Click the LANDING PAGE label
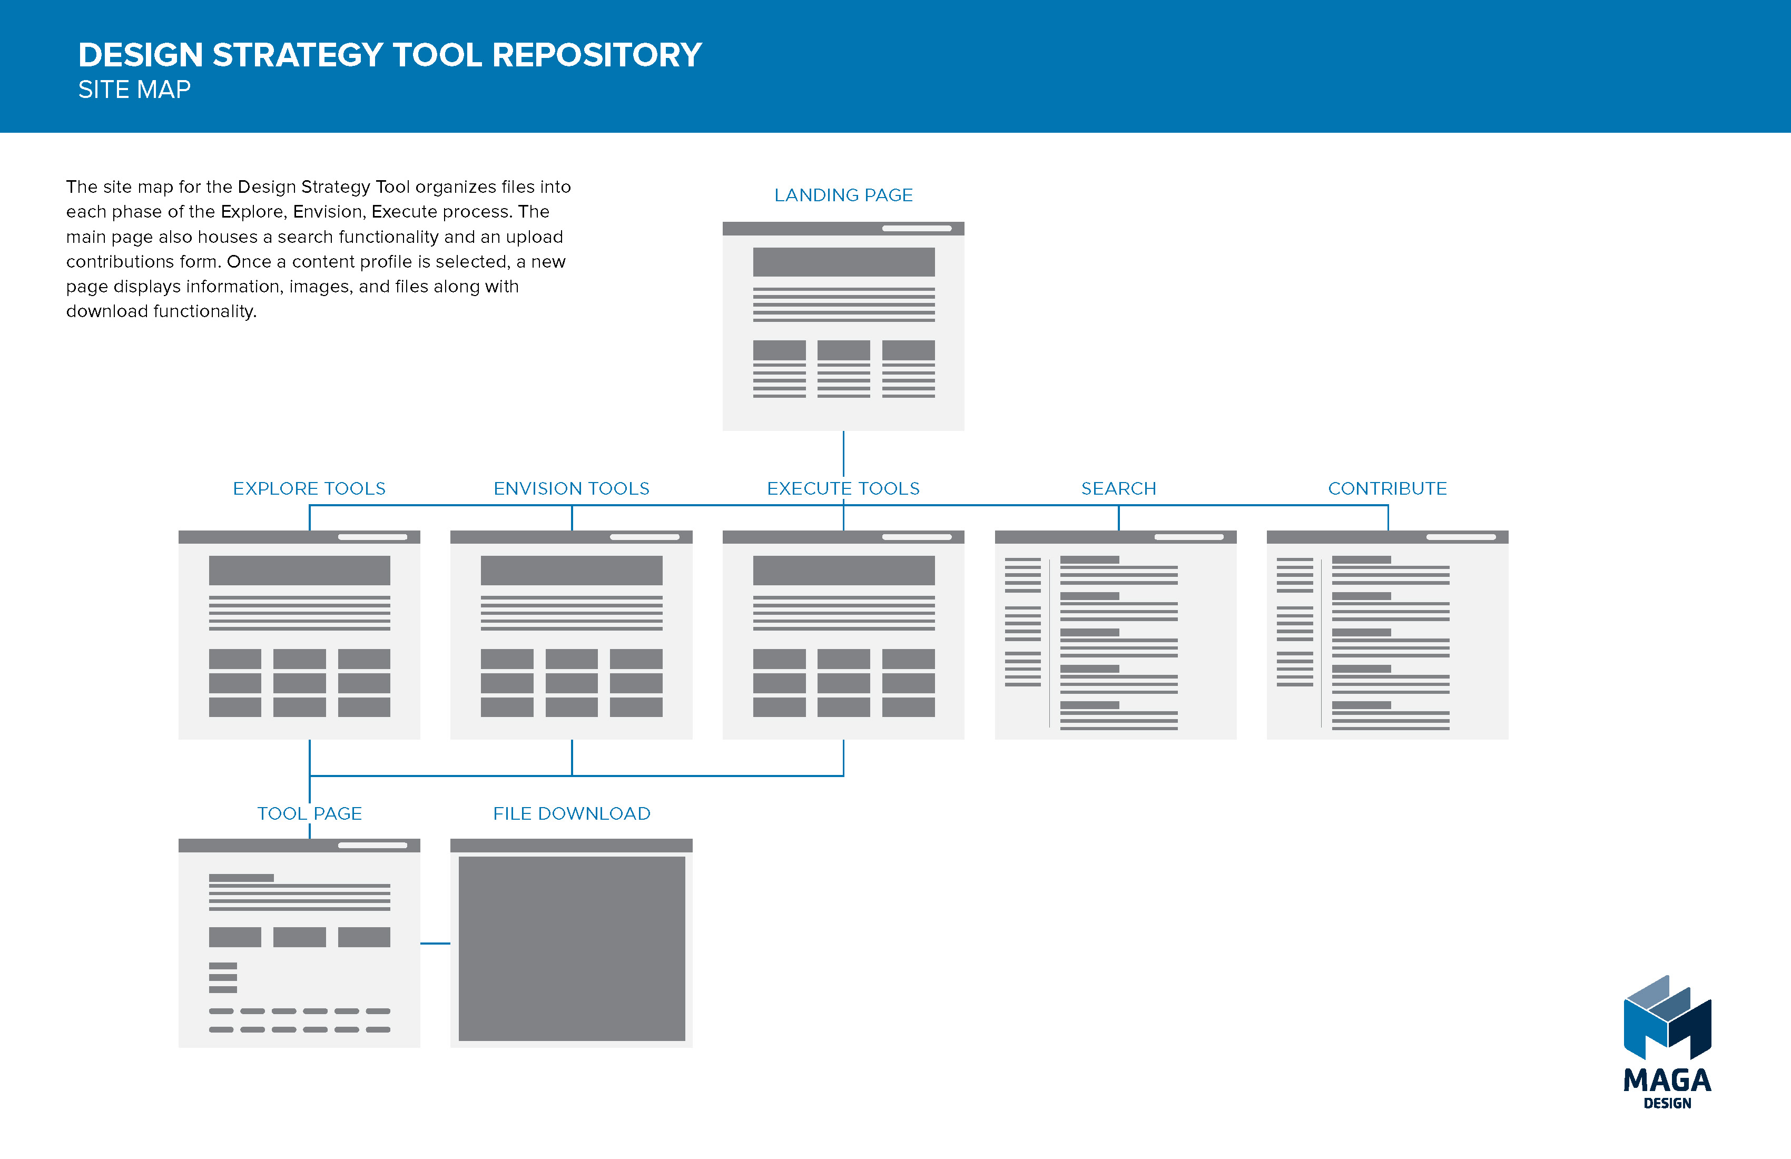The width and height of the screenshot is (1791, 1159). point(843,195)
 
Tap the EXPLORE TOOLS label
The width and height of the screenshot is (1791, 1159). point(309,488)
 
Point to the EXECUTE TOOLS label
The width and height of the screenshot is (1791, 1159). point(843,488)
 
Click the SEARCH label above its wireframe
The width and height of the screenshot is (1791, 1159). point(1118,488)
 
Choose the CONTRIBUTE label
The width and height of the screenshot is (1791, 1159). point(1387,488)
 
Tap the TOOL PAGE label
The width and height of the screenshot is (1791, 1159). point(309,813)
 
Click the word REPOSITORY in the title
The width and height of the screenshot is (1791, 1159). point(597,55)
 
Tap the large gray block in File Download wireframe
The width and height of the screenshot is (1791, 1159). point(572,948)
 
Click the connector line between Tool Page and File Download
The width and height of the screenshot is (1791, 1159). point(435,943)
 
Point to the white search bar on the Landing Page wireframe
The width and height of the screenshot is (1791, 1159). point(917,228)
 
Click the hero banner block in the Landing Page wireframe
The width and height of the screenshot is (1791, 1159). point(843,262)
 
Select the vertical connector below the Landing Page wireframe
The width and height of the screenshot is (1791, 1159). point(843,453)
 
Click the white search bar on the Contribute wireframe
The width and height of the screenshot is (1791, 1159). point(1461,537)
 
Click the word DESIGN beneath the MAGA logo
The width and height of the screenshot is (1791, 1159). point(1668,1103)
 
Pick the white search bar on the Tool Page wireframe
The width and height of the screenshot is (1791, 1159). point(372,845)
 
